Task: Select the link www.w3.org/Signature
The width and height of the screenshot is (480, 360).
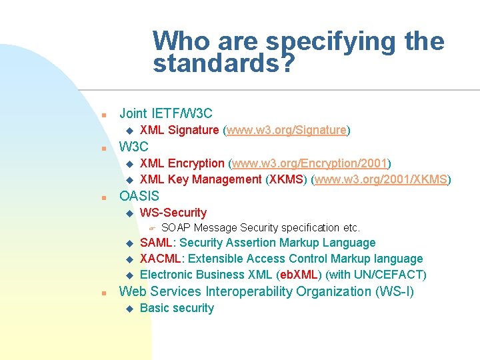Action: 287,130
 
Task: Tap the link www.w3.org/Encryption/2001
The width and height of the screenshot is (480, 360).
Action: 309,163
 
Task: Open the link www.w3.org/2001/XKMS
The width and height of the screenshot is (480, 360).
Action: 383,179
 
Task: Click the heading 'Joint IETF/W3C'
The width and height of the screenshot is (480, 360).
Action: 165,113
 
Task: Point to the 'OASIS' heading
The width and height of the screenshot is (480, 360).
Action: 139,196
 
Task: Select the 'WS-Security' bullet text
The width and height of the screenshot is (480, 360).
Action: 173,213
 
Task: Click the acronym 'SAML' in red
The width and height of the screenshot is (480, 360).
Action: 156,243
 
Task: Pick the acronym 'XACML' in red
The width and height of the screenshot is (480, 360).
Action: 161,259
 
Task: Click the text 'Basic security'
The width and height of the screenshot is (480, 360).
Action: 177,308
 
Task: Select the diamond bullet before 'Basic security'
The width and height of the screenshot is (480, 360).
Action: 129,309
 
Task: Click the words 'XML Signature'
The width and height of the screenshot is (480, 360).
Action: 179,130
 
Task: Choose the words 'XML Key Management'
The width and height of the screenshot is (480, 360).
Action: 201,179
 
